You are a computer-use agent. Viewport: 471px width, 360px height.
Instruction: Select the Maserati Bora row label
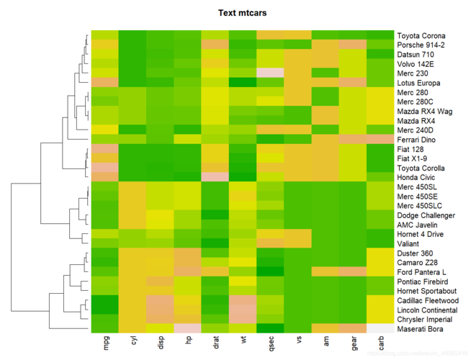pyautogui.click(x=421, y=329)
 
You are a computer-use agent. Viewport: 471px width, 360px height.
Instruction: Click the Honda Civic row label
pyautogui.click(x=418, y=177)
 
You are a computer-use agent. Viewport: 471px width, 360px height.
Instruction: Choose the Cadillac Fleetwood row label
pyautogui.click(x=427, y=300)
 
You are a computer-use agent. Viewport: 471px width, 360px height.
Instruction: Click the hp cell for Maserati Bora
pyautogui.click(x=188, y=328)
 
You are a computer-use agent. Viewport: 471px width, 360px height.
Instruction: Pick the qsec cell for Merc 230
pyautogui.click(x=271, y=73)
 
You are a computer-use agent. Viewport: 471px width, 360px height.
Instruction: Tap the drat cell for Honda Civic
pyautogui.click(x=215, y=177)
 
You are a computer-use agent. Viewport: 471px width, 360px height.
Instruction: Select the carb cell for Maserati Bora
pyautogui.click(x=381, y=328)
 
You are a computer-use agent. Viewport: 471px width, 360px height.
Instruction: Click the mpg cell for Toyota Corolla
pyautogui.click(x=105, y=168)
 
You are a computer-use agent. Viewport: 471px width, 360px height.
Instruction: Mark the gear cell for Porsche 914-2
pyautogui.click(x=354, y=45)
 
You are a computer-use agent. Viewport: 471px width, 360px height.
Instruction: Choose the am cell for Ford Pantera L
pyautogui.click(x=326, y=272)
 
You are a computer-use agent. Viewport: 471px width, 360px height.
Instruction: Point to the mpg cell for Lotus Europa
pyautogui.click(x=105, y=83)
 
